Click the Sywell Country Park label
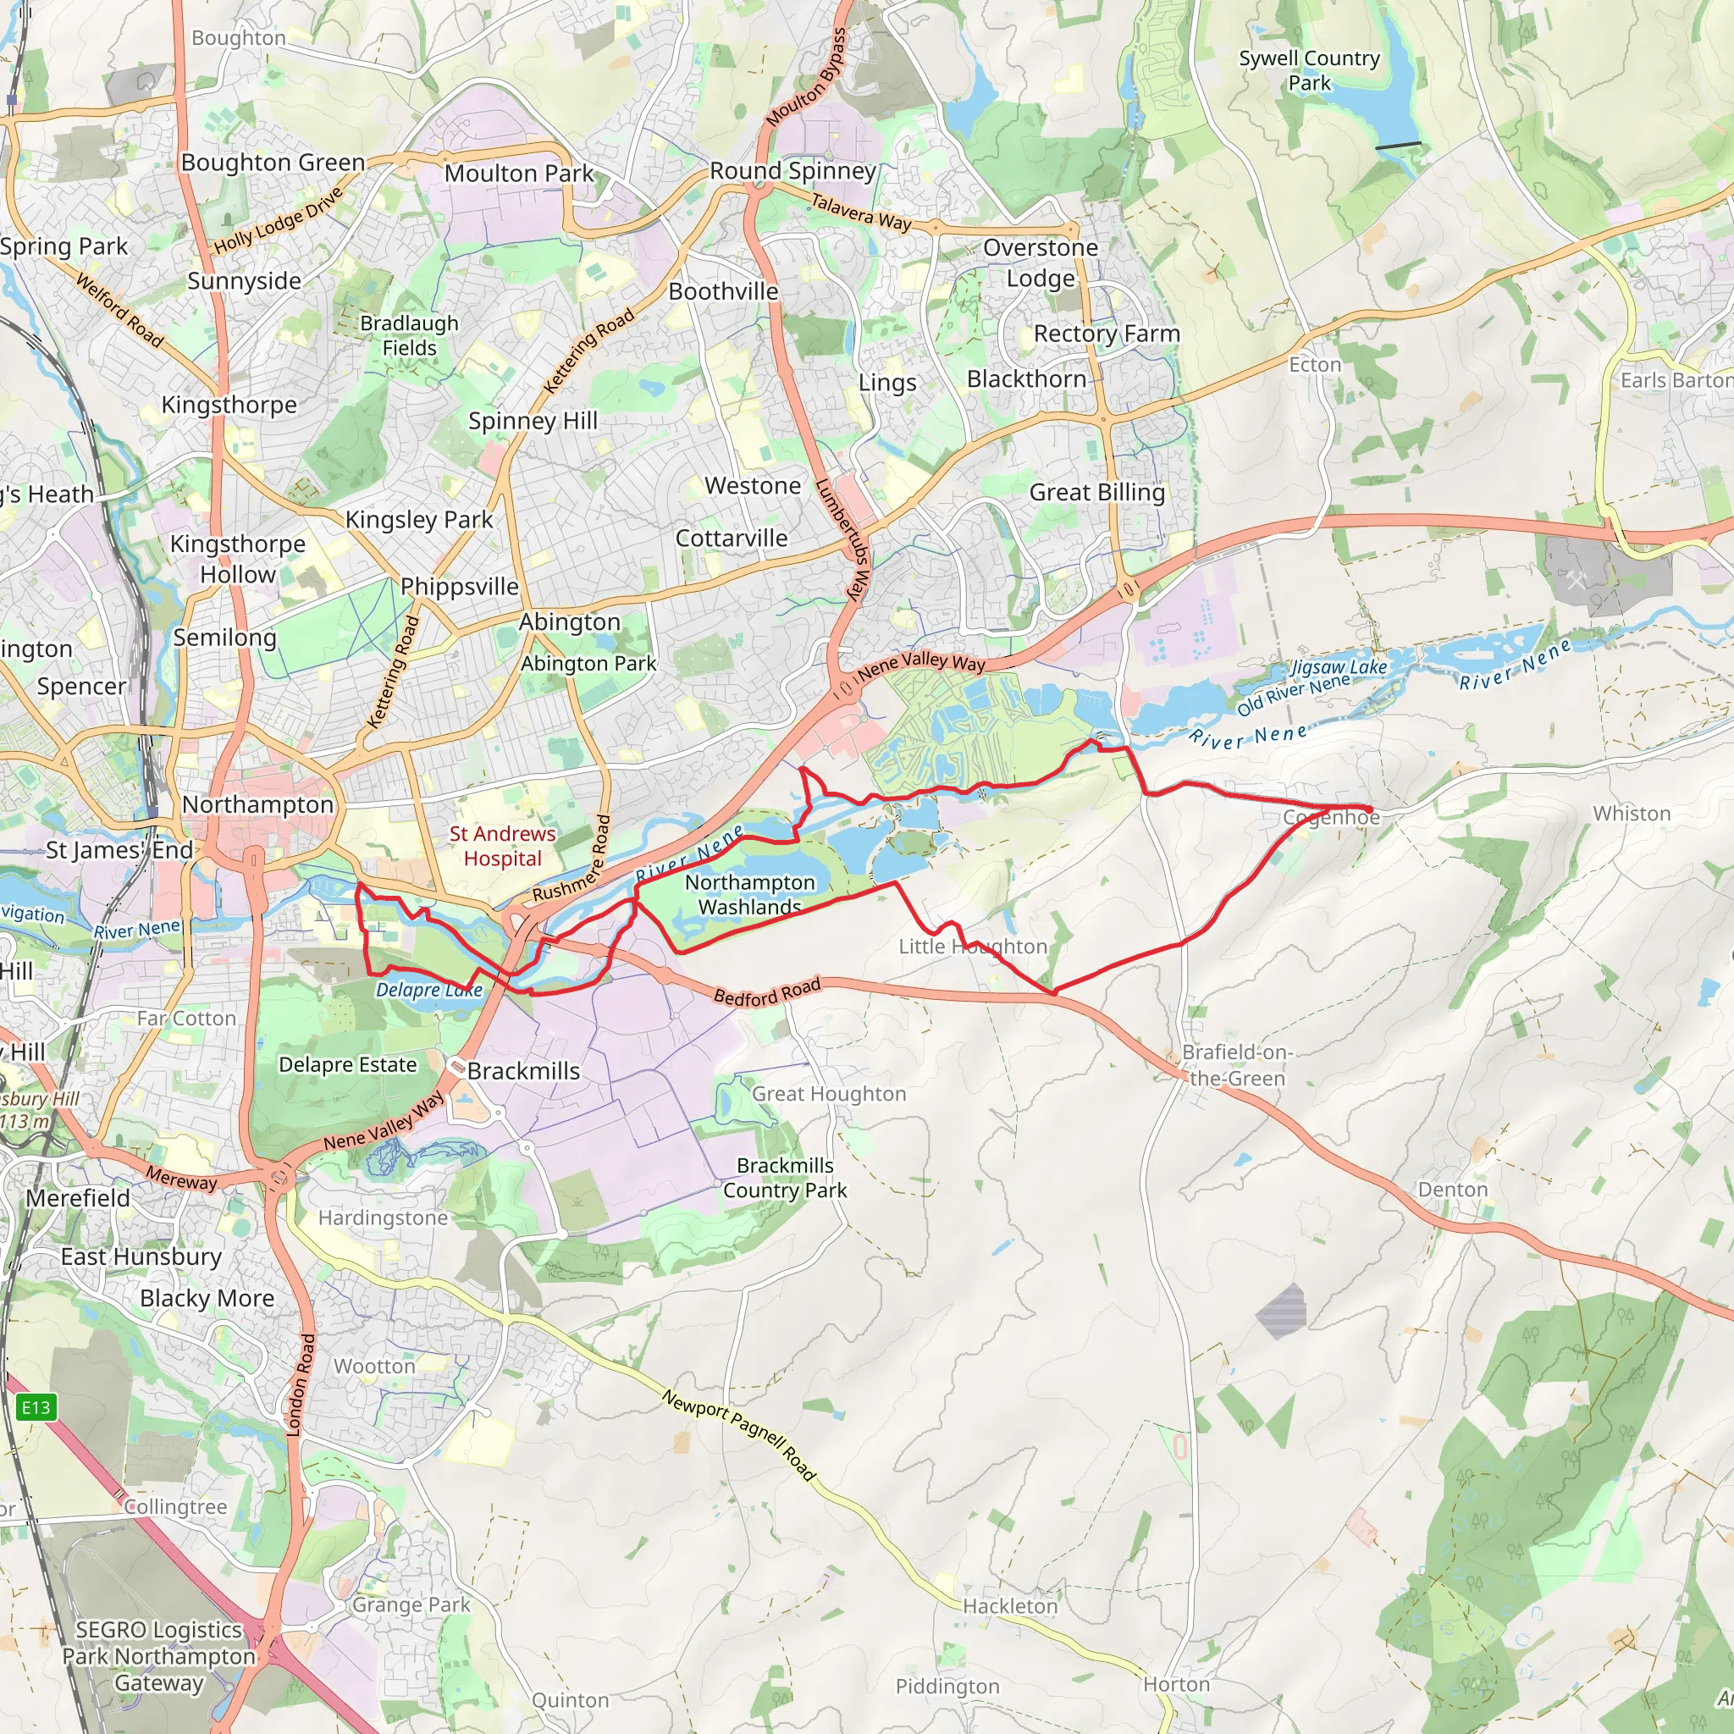[x=1309, y=70]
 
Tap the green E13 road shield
[x=36, y=1406]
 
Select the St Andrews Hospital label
[x=503, y=846]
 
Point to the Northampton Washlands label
[x=749, y=894]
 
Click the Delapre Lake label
[x=429, y=990]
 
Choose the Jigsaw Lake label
[x=1339, y=667]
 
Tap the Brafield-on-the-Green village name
[x=1237, y=1064]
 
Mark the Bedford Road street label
[x=766, y=991]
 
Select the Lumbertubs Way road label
[x=842, y=538]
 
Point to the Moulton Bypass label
[x=806, y=77]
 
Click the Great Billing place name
[x=1096, y=492]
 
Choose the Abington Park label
[x=588, y=663]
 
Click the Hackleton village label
[x=1010, y=1605]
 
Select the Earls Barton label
[x=1675, y=379]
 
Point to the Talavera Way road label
[x=861, y=213]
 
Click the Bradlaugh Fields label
[x=409, y=334]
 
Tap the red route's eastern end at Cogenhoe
[x=1370, y=809]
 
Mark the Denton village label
[x=1452, y=1190]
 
